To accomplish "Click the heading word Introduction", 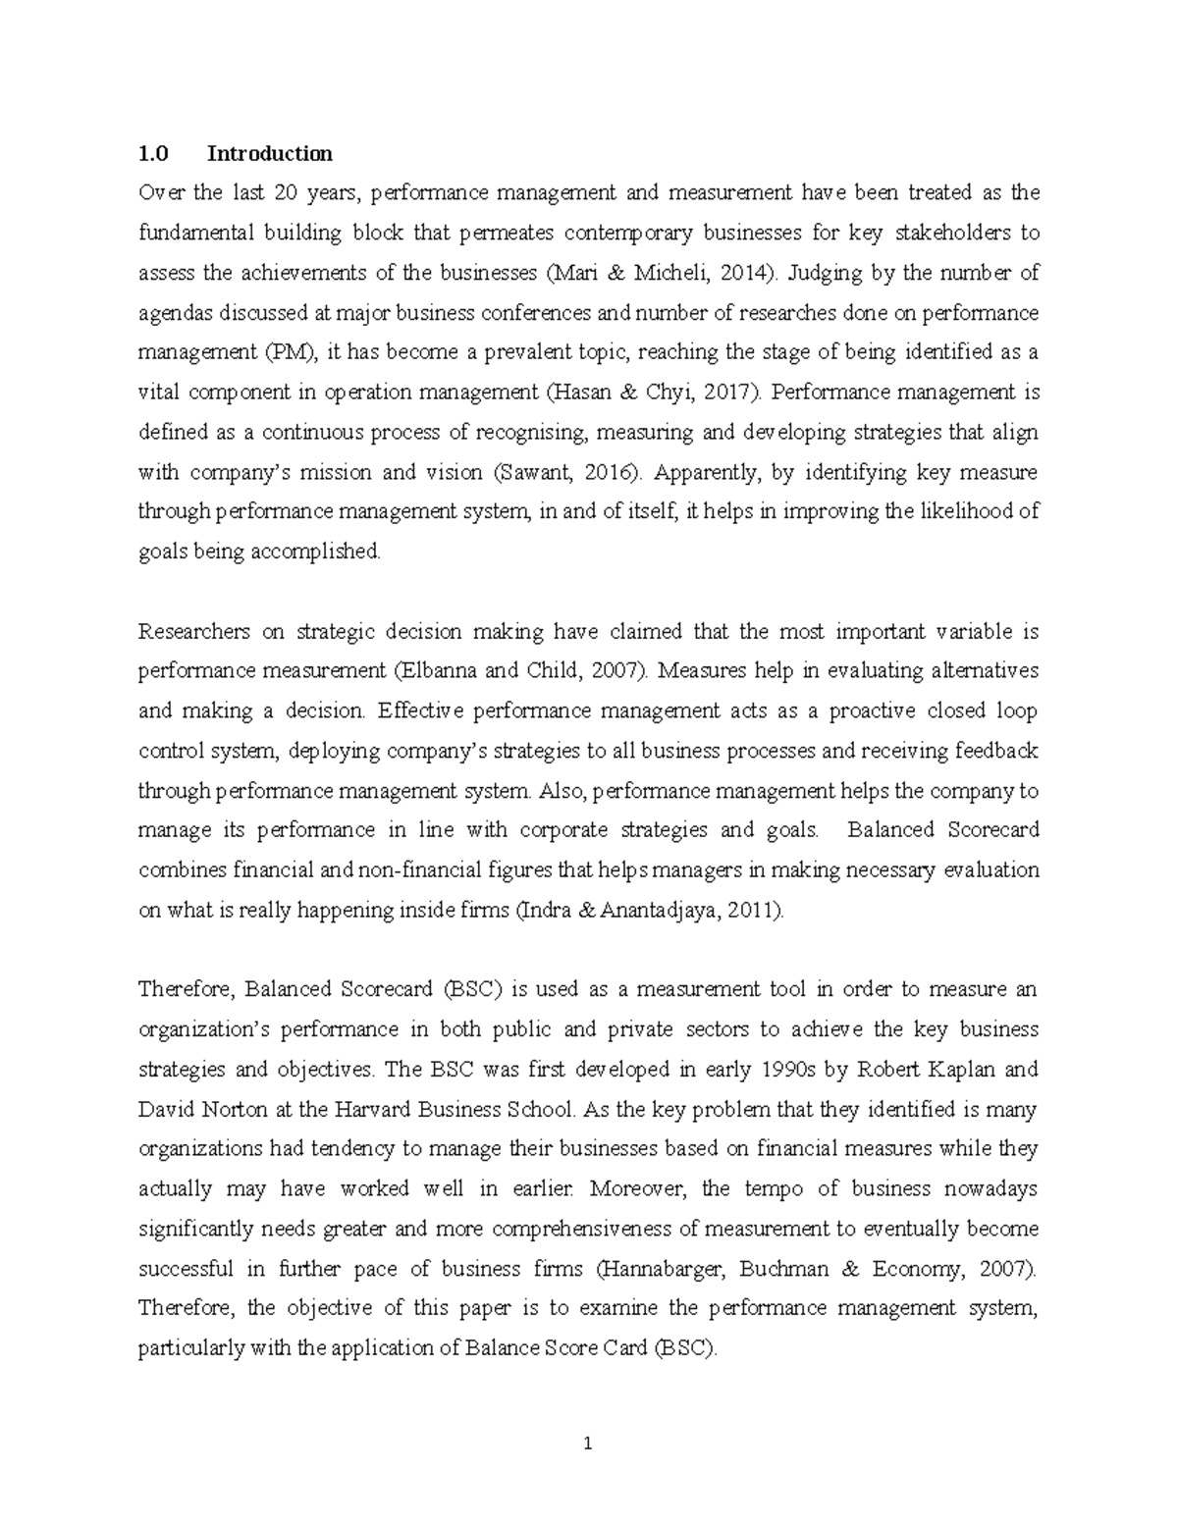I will [269, 153].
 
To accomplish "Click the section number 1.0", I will [153, 153].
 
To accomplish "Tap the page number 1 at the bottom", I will [588, 1444].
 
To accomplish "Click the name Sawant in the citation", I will [527, 472].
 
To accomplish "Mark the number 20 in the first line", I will [286, 193].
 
